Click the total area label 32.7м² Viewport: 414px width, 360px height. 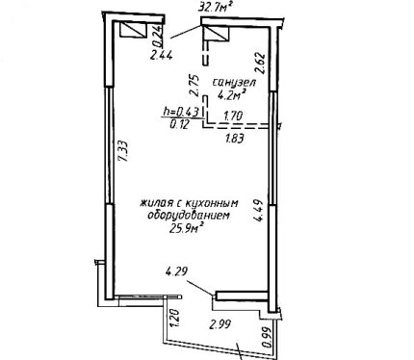point(215,7)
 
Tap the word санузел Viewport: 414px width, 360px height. point(234,83)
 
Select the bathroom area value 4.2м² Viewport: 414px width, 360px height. point(232,95)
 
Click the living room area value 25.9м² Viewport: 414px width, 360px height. point(188,228)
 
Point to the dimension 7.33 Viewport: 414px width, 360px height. point(124,151)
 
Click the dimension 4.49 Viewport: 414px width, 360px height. point(258,211)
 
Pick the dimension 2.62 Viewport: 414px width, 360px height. point(260,64)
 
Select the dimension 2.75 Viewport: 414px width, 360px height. point(194,86)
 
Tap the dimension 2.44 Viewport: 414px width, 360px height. point(162,56)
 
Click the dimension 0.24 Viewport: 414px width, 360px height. point(159,36)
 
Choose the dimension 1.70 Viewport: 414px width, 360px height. point(233,116)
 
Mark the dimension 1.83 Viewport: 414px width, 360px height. point(235,139)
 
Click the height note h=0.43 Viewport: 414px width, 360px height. point(182,112)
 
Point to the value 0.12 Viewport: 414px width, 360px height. point(180,124)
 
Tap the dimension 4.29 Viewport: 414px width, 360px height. point(176,272)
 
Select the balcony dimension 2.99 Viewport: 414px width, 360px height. point(220,324)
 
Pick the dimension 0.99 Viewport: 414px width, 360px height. point(268,337)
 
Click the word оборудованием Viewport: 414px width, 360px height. point(189,215)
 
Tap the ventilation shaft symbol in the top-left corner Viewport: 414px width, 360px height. point(133,30)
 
